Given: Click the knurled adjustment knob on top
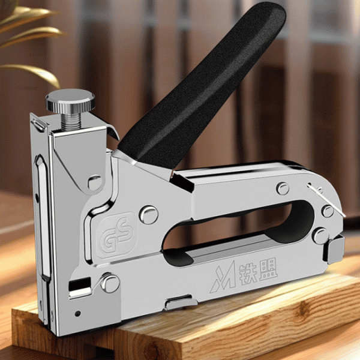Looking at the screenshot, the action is pos(70,100).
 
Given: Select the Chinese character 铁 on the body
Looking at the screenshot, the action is pos(248,274).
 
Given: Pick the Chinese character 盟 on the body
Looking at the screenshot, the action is pos(268,271).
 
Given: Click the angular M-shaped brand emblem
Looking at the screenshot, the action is pos(223,277).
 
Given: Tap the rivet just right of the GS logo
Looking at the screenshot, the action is pos(149,215).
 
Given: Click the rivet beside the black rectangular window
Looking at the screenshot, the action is pos(110,283).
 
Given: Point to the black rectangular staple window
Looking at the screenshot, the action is pos(80,283).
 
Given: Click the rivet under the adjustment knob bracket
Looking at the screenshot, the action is pos(95,182).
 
